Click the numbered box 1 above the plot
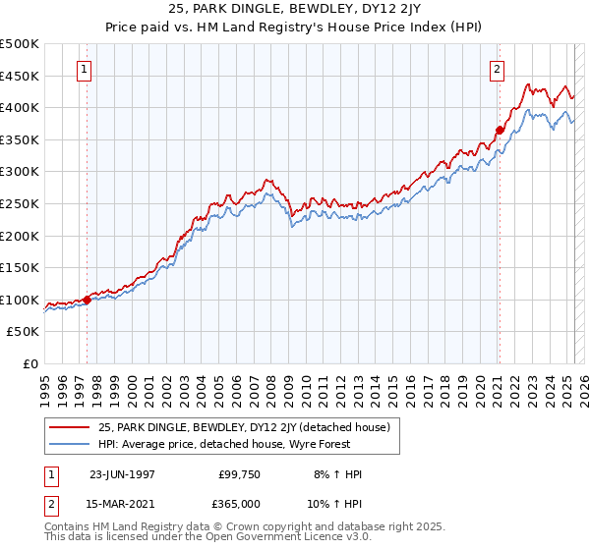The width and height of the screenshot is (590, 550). click(x=85, y=70)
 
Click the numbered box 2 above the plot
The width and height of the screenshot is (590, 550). click(x=498, y=70)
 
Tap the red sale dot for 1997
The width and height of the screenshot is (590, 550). click(x=87, y=300)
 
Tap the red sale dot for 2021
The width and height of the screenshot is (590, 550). click(x=500, y=130)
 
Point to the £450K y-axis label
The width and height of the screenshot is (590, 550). click(x=21, y=76)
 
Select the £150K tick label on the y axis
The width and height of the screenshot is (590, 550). click(x=21, y=267)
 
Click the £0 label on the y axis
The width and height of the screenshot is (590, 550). click(x=30, y=363)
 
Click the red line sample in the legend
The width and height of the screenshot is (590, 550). click(x=70, y=427)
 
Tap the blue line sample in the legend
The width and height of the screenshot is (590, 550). click(x=70, y=444)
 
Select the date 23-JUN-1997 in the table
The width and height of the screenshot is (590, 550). click(x=122, y=474)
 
